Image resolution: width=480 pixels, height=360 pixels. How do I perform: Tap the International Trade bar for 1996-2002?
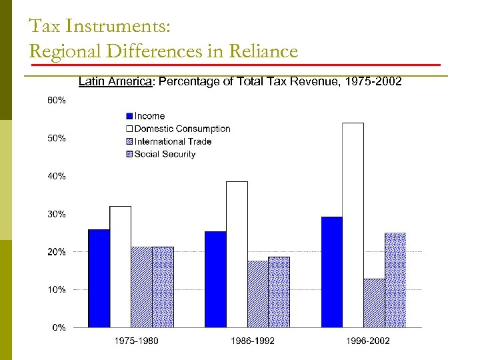374,303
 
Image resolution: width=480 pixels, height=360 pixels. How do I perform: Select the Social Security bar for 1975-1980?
163,287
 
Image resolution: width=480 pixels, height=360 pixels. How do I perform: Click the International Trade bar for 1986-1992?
257,294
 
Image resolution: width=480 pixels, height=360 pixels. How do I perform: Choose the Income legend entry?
149,116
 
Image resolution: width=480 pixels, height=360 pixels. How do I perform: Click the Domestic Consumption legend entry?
182,129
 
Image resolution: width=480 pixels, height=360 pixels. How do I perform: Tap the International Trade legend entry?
173,141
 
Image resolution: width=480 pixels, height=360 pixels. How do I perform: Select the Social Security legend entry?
165,154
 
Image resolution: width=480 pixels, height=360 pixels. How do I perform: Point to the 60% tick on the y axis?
56,101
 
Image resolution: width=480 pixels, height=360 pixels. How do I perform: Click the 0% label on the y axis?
58,327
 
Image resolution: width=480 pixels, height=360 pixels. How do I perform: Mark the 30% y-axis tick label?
56,214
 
